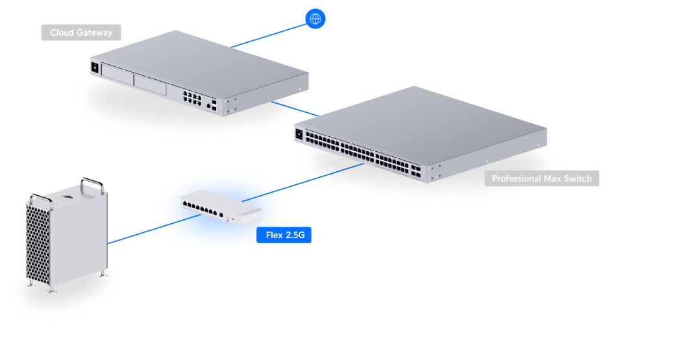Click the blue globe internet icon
click(315, 18)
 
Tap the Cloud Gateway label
click(81, 32)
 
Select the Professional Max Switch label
click(541, 178)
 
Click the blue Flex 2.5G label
click(284, 235)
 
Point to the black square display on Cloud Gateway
click(95, 67)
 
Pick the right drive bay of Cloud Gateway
click(150, 82)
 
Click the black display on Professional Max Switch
click(299, 134)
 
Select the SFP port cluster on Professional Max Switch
click(417, 172)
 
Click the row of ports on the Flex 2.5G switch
click(201, 208)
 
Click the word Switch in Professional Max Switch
click(576, 178)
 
